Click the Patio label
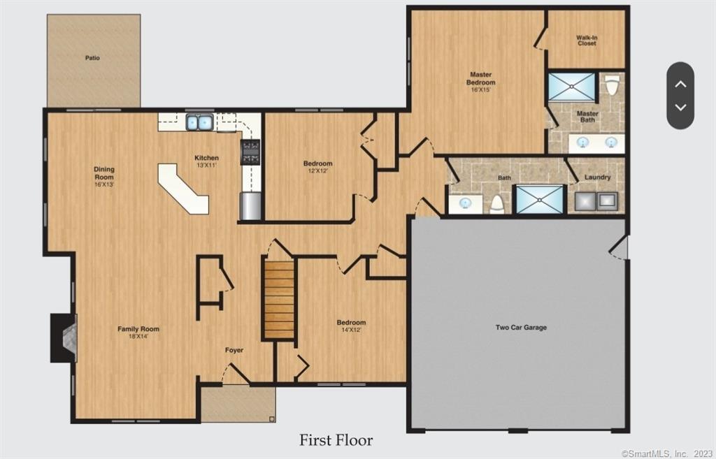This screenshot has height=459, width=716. point(92,58)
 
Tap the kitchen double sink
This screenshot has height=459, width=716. point(199,123)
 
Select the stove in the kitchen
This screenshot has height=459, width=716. point(251,152)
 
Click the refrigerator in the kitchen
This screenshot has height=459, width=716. point(250,207)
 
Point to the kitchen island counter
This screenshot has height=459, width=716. point(183,189)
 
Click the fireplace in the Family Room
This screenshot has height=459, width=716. point(64,337)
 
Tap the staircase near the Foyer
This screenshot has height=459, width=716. point(279,299)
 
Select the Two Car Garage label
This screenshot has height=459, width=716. point(521,327)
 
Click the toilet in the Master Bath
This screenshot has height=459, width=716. point(612,85)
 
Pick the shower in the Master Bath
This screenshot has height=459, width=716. point(571,87)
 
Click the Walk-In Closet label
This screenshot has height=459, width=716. point(586,41)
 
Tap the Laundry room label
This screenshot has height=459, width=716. point(597,177)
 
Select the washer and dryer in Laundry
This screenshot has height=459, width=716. point(596,201)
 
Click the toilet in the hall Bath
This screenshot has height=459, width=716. point(497,203)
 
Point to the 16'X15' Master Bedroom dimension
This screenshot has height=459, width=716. point(480,90)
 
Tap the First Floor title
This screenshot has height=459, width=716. point(336,440)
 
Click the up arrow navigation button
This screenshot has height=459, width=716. point(680,84)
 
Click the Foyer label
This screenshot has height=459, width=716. point(234,350)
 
